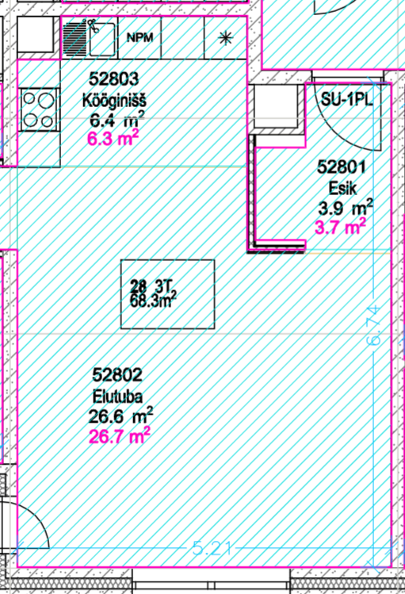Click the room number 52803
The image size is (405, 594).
pyautogui.click(x=114, y=79)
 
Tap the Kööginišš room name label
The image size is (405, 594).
pyautogui.click(x=114, y=101)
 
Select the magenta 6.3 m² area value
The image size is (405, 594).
pyautogui.click(x=113, y=138)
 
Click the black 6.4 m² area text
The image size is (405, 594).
pyautogui.click(x=117, y=120)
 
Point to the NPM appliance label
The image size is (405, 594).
pyautogui.click(x=139, y=37)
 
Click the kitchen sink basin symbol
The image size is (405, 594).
pyautogui.click(x=101, y=39)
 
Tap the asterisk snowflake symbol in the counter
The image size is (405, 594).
pyautogui.click(x=226, y=38)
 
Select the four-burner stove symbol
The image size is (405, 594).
pyautogui.click(x=39, y=110)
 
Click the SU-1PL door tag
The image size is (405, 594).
pyautogui.click(x=346, y=100)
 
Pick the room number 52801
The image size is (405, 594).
pyautogui.click(x=341, y=167)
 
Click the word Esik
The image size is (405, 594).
pyautogui.click(x=342, y=188)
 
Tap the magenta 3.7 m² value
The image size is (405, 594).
pyautogui.click(x=340, y=227)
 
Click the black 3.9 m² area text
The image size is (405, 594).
pyautogui.click(x=346, y=208)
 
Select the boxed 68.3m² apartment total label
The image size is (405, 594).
pyautogui.click(x=168, y=294)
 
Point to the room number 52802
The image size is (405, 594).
pyautogui.click(x=117, y=375)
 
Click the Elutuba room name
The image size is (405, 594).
pyautogui.click(x=118, y=397)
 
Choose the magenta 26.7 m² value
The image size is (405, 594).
pyautogui.click(x=120, y=436)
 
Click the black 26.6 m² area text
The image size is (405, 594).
pyautogui.click(x=120, y=416)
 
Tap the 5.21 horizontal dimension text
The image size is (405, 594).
pyautogui.click(x=212, y=548)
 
